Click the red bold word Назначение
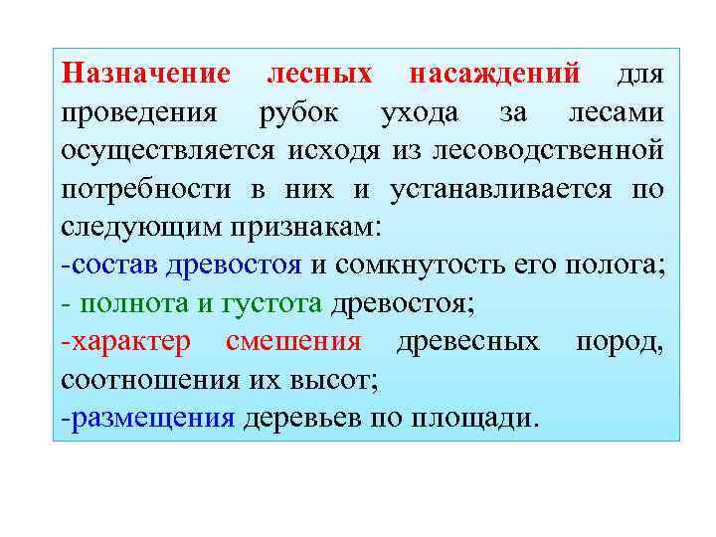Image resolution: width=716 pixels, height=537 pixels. (x=146, y=75)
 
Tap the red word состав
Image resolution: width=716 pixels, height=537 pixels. (x=115, y=266)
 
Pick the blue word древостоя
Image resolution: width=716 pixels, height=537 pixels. (x=235, y=266)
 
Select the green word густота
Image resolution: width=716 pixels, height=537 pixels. (x=275, y=303)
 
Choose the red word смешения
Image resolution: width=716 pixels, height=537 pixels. (x=293, y=341)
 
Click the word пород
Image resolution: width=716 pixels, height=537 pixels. (x=619, y=341)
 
